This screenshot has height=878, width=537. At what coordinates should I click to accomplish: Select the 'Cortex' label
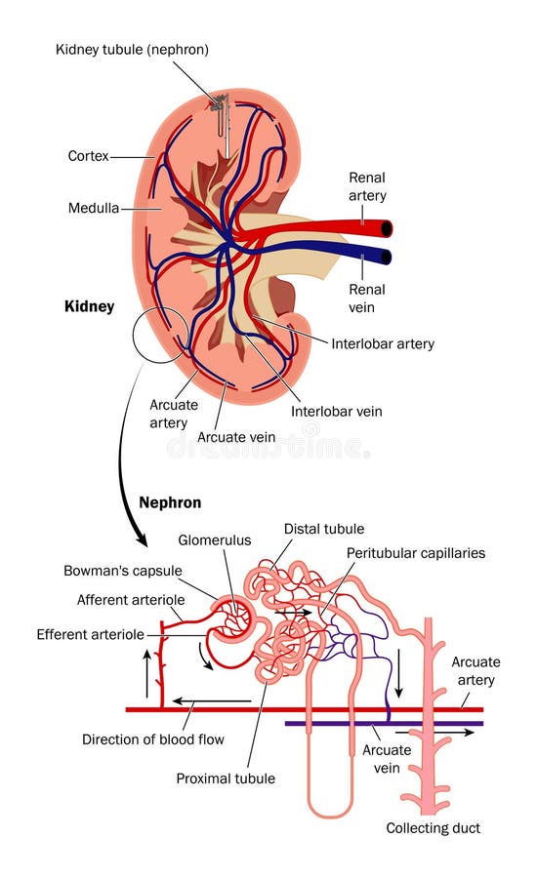87,155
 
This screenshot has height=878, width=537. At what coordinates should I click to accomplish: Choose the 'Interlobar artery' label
382,343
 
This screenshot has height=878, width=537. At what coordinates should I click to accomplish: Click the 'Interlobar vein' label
336,411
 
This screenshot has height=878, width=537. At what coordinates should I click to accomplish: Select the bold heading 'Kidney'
89,306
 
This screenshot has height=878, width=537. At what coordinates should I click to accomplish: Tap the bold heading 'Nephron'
172,502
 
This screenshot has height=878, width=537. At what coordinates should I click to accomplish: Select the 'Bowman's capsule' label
137,570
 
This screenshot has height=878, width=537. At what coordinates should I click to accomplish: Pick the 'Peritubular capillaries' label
415,553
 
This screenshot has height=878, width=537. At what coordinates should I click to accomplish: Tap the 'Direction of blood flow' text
152,738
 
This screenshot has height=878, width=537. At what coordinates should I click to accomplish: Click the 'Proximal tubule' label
225,778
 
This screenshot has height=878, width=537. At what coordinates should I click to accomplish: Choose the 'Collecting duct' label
433,828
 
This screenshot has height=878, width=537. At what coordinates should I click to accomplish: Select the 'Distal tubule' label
323,529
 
